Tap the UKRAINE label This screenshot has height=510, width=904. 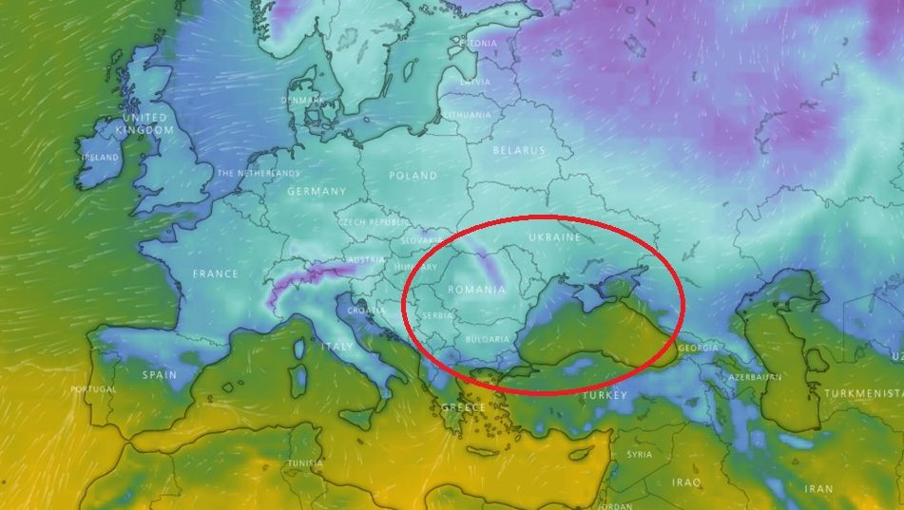(x=553, y=236)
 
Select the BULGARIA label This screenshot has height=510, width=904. (x=488, y=339)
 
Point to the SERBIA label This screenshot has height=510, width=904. (x=438, y=315)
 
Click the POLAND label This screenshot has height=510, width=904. (x=413, y=176)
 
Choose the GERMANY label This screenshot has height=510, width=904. (x=317, y=191)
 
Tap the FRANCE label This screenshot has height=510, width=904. (x=216, y=274)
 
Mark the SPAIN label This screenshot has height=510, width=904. (x=160, y=374)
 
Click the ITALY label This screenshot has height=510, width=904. (x=337, y=347)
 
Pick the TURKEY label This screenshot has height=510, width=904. (x=606, y=394)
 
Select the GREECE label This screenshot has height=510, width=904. (x=463, y=408)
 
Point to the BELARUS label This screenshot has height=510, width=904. (x=519, y=150)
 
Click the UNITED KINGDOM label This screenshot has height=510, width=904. (x=144, y=123)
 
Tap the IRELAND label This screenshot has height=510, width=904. (x=100, y=158)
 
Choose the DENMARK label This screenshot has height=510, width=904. (x=302, y=101)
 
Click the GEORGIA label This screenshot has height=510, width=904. (x=698, y=349)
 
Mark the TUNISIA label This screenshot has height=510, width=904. (x=305, y=463)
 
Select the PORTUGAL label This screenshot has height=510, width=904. (x=93, y=389)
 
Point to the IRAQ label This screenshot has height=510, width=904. (x=686, y=482)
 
